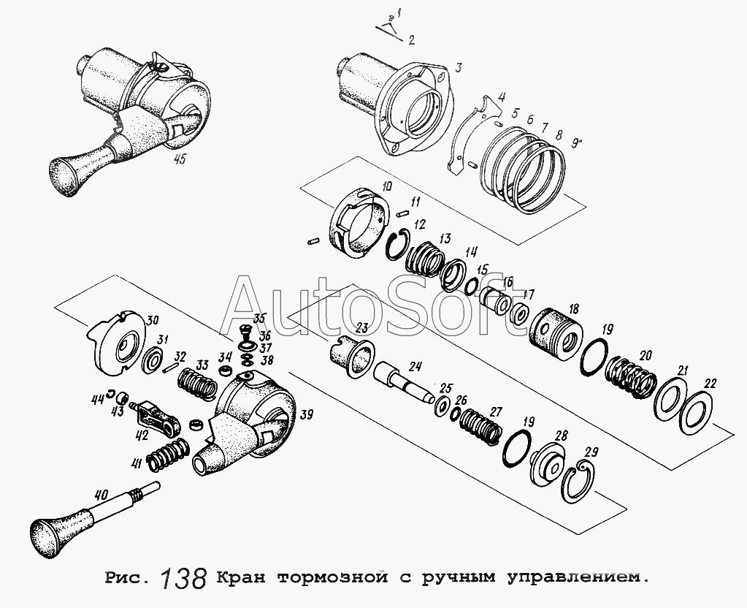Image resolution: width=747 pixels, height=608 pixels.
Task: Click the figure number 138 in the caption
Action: click(x=183, y=577)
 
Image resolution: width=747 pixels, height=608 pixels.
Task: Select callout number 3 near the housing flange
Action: click(x=459, y=67)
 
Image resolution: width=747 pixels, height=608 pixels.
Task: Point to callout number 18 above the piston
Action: click(x=573, y=310)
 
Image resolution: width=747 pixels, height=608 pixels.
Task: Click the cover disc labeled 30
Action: click(x=117, y=343)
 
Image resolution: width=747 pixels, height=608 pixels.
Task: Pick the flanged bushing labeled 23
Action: click(x=351, y=356)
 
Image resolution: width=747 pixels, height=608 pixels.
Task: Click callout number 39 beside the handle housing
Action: click(x=307, y=416)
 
